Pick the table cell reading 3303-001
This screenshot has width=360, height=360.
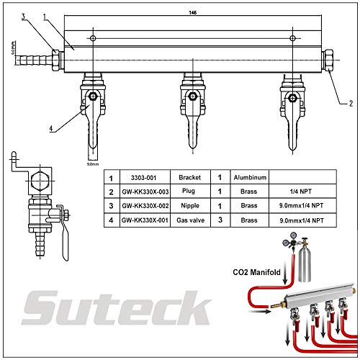point(144,176)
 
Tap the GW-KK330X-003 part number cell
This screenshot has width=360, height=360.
point(144,192)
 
